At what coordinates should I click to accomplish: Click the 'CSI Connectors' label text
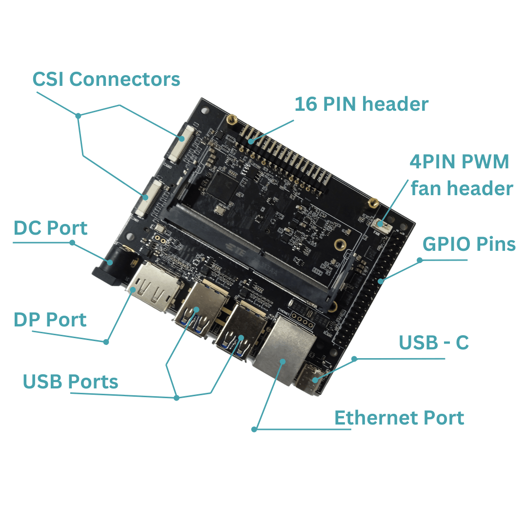106,79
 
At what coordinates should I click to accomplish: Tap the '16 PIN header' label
361,104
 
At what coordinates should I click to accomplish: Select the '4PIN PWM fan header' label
461,175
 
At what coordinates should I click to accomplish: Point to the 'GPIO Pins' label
468,244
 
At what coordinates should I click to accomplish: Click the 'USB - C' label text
434,343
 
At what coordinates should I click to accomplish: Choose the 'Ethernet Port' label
399,418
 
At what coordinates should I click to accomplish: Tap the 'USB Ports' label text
71,382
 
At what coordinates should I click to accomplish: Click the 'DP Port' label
50,320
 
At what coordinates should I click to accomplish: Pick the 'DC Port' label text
51,228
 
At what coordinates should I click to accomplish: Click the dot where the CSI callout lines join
78,116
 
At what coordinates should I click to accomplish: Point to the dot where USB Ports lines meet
177,398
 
